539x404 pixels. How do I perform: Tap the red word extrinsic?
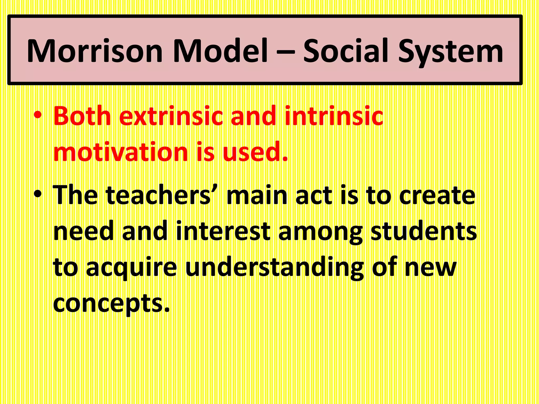pyautogui.click(x=173, y=116)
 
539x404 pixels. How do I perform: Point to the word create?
pyautogui.click(x=437, y=195)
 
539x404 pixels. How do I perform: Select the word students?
pyautogui.click(x=424, y=231)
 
